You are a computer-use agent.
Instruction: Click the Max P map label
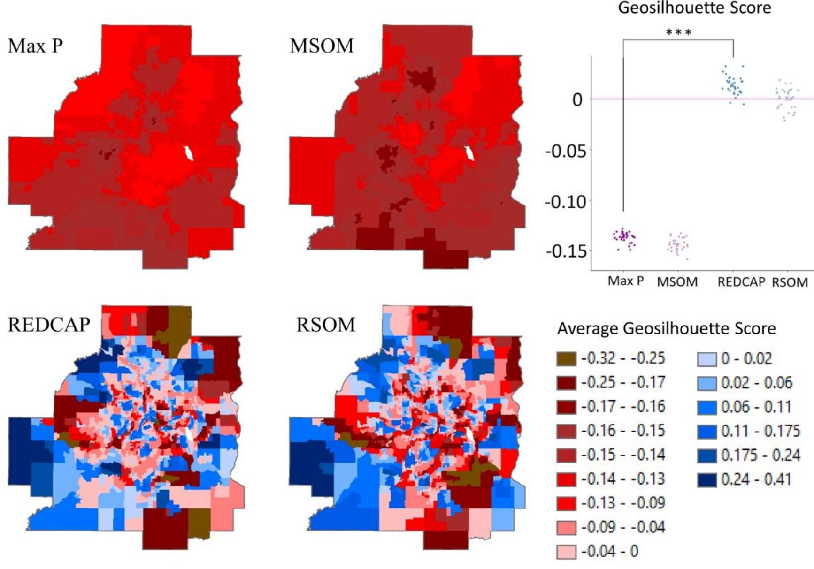click(x=35, y=46)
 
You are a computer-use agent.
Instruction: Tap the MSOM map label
click(x=322, y=46)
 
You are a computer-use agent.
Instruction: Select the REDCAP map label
click(x=49, y=325)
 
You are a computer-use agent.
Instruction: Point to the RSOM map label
click(x=326, y=325)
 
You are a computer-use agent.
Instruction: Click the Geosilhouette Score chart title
click(x=694, y=8)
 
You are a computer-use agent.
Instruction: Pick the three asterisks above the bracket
click(x=678, y=33)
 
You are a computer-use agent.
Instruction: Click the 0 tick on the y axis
click(x=577, y=99)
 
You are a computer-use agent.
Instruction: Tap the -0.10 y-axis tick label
click(x=566, y=202)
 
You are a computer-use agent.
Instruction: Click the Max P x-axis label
click(x=625, y=281)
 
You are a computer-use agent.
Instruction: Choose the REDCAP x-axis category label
click(x=741, y=282)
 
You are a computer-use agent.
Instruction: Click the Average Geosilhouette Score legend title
click(x=666, y=328)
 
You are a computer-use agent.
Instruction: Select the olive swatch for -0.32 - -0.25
click(x=566, y=359)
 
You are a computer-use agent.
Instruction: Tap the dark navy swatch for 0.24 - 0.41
click(x=707, y=480)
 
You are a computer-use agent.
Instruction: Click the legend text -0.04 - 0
click(x=610, y=551)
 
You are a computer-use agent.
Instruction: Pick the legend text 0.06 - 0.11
click(x=756, y=407)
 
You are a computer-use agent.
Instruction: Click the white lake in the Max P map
click(x=189, y=153)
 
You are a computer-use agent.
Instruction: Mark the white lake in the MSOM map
click(x=468, y=153)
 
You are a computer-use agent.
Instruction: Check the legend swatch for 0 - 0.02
click(x=707, y=359)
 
